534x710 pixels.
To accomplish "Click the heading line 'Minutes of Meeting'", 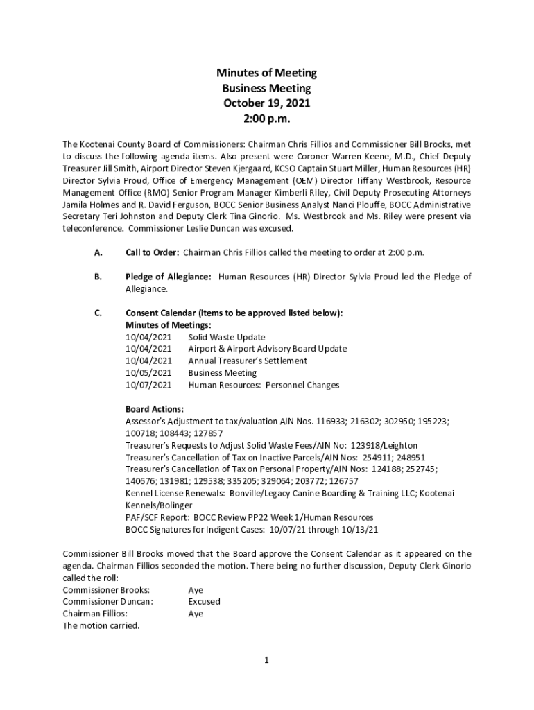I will point(266,73).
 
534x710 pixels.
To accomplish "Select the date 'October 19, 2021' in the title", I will point(266,103).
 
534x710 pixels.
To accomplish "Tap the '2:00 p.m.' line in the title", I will point(266,119).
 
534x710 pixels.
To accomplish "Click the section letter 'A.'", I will point(98,252).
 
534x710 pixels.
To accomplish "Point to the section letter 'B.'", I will point(98,277).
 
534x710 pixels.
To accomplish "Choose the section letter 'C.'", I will point(98,313).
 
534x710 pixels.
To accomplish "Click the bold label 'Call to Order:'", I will point(153,252).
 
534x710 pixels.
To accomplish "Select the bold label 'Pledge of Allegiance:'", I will point(169,277).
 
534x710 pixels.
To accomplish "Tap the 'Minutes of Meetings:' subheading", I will point(169,325).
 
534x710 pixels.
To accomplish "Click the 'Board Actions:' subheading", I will point(155,409).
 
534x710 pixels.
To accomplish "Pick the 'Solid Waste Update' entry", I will point(227,338).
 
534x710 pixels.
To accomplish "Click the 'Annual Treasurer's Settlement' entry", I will point(248,361).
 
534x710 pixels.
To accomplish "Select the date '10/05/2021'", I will point(148,373).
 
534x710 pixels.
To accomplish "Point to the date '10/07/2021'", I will point(148,385).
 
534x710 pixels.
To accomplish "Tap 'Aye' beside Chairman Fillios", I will point(196,614).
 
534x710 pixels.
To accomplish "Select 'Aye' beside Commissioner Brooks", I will point(196,590).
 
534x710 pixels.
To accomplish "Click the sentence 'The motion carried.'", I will point(101,625).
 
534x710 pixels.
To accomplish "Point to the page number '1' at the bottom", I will point(266,660).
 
